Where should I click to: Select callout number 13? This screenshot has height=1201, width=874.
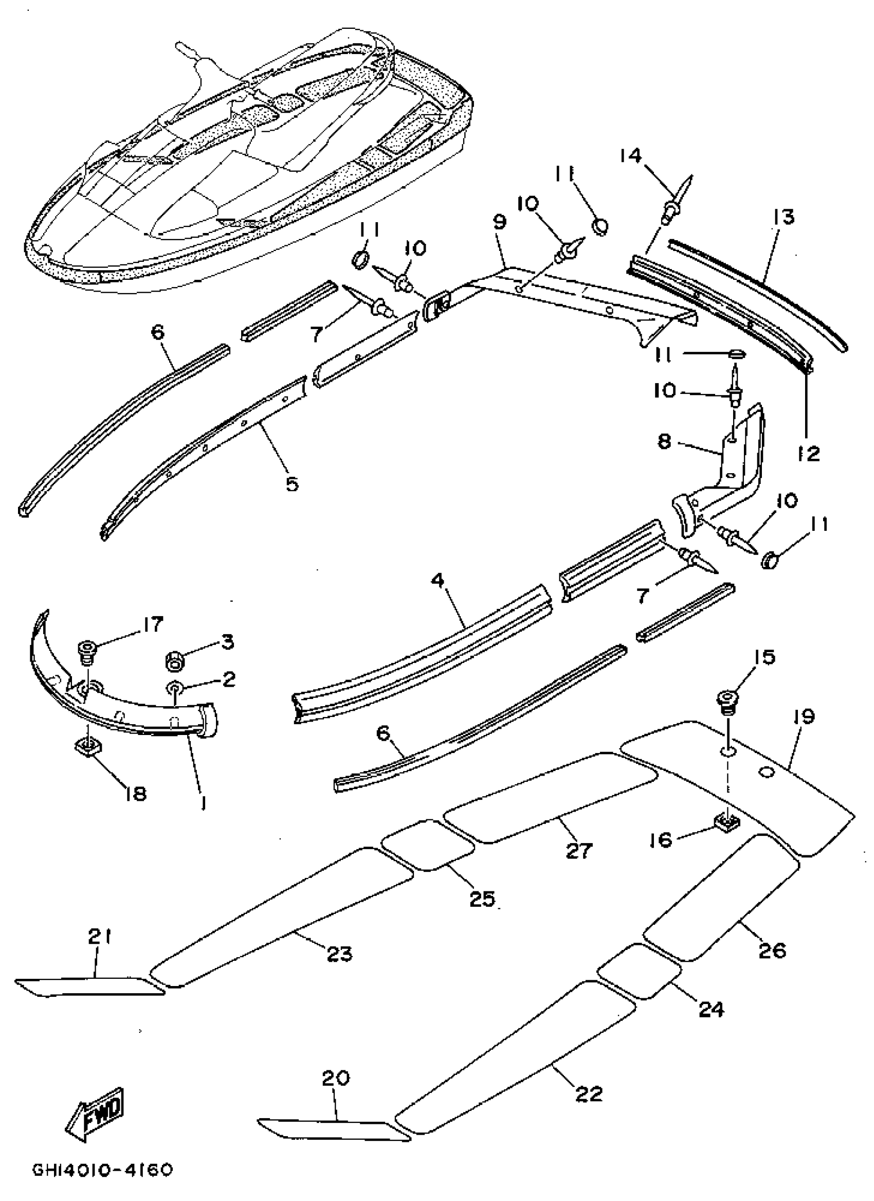(784, 218)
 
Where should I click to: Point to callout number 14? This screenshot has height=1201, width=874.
(630, 156)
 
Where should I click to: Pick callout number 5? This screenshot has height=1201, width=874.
(292, 483)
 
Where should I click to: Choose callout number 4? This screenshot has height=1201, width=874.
(438, 581)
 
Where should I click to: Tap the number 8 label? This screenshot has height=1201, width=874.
(665, 441)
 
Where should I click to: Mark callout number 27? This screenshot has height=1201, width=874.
(578, 850)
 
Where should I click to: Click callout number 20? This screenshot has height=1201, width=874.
(336, 1078)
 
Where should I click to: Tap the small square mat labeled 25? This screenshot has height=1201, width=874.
(428, 845)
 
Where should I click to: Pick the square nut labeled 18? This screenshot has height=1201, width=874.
(88, 747)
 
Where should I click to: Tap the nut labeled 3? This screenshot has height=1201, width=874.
(175, 661)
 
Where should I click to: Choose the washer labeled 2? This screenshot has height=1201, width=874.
(174, 688)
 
